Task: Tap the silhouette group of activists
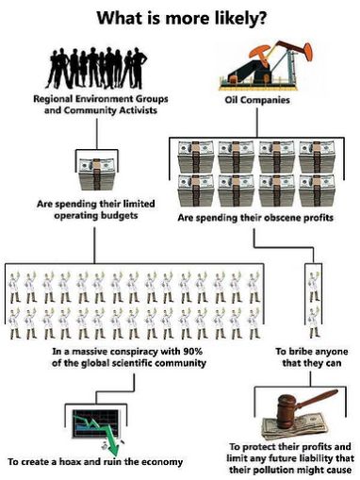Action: [x=96, y=68]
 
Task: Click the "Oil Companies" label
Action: [x=257, y=100]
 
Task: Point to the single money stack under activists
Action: [x=96, y=174]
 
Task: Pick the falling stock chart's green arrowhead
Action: [x=114, y=449]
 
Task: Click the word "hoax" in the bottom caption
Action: [x=70, y=462]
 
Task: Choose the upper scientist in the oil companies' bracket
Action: [x=314, y=287]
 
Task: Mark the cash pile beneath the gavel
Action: [x=294, y=427]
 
